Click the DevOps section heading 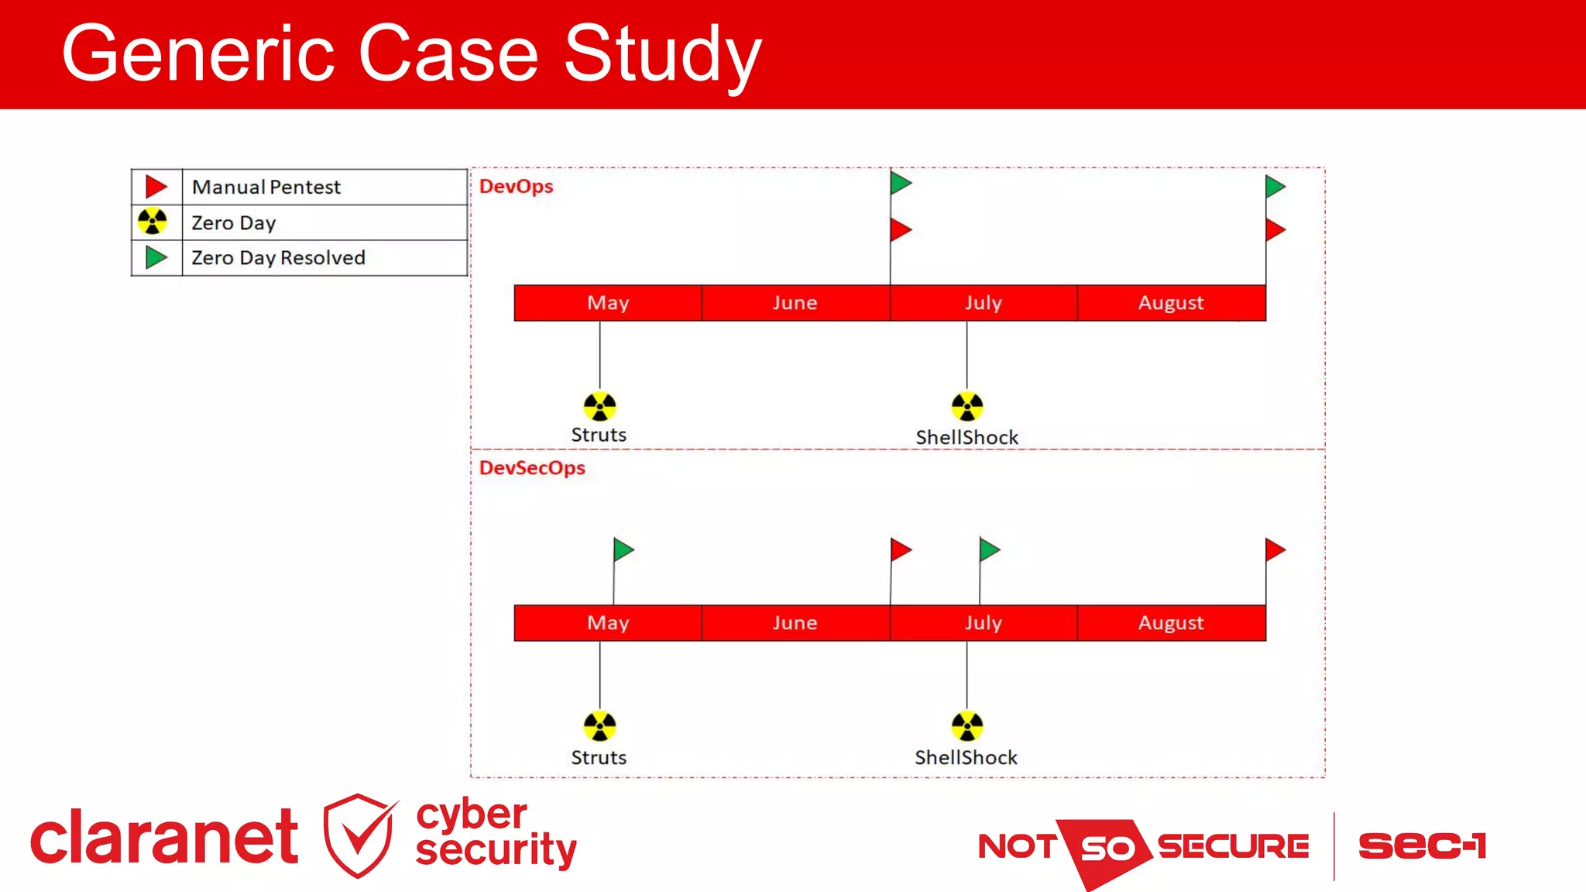tap(516, 186)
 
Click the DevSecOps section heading tap(532, 468)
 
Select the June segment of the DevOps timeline tap(795, 303)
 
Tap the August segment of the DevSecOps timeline tap(1171, 623)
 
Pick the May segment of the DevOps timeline tap(608, 303)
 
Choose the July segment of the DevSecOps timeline tap(984, 623)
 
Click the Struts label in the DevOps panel tap(599, 435)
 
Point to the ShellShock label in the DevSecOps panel tap(966, 757)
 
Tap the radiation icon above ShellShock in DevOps tap(966, 406)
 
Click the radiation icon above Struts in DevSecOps tap(599, 726)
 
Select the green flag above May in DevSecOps tap(623, 550)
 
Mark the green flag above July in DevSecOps tap(989, 550)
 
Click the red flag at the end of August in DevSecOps tap(1275, 550)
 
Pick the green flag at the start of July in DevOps tap(900, 184)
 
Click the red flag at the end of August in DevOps tap(1275, 229)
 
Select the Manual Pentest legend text tap(266, 187)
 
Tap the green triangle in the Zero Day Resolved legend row tap(156, 257)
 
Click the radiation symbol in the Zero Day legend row tap(153, 222)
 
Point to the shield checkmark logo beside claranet tap(359, 835)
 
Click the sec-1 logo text tap(1422, 846)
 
